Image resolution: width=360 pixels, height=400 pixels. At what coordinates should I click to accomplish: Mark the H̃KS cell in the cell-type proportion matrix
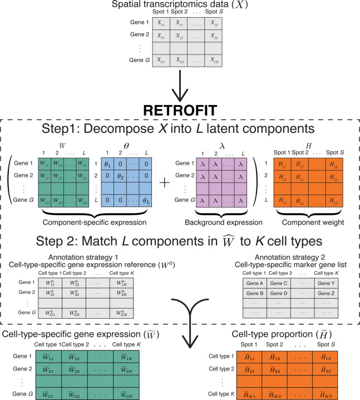(x=331, y=389)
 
